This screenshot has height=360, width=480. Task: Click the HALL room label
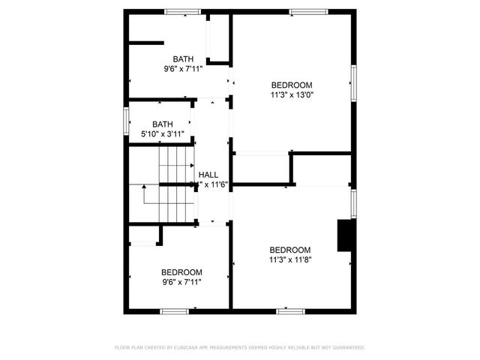point(208,175)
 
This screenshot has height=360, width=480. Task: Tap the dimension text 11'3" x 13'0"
point(292,95)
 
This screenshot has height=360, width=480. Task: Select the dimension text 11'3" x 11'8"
point(290,260)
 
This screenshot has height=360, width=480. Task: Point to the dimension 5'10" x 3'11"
point(163,134)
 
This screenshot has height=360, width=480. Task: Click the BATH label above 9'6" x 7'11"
point(183,59)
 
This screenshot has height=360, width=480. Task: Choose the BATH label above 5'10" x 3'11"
point(163,124)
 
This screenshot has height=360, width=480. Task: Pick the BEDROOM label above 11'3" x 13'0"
point(292,85)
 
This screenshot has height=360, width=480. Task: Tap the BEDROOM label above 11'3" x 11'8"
point(290,250)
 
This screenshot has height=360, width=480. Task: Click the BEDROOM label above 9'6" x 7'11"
point(181,272)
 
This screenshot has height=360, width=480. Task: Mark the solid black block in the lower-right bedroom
point(346,235)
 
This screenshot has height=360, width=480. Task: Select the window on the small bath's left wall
point(126,121)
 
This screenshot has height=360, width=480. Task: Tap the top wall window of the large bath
point(182,11)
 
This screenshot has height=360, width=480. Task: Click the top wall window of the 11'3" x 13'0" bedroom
point(308,11)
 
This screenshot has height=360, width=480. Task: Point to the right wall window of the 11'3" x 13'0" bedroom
point(353,81)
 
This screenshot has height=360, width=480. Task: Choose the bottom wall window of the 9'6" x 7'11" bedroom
point(174,310)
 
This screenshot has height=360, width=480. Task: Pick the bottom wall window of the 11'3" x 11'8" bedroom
point(291,310)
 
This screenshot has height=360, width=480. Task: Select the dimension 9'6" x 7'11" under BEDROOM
point(181,282)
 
